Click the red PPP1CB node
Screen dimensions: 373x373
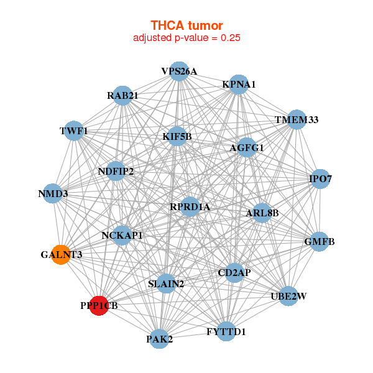click(99, 305)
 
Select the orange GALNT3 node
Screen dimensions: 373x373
click(61, 254)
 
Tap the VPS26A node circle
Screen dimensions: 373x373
click(179, 71)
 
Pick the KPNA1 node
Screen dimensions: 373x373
click(239, 85)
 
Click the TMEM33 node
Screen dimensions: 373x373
click(297, 120)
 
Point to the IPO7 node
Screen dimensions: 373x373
click(320, 180)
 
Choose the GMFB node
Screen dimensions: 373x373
click(319, 241)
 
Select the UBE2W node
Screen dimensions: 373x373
click(288, 296)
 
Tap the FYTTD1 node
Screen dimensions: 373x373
click(226, 331)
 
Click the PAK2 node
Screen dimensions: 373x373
click(160, 339)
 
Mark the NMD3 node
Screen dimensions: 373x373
click(53, 194)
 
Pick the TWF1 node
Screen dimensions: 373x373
click(74, 131)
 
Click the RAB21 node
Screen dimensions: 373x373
click(122, 96)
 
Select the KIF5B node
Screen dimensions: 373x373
click(177, 136)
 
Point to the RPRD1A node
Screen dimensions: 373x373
click(190, 206)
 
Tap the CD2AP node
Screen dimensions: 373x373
click(234, 272)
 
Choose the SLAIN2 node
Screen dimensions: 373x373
click(166, 284)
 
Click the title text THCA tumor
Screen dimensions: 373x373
click(186, 25)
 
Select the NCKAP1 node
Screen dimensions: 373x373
click(122, 236)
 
